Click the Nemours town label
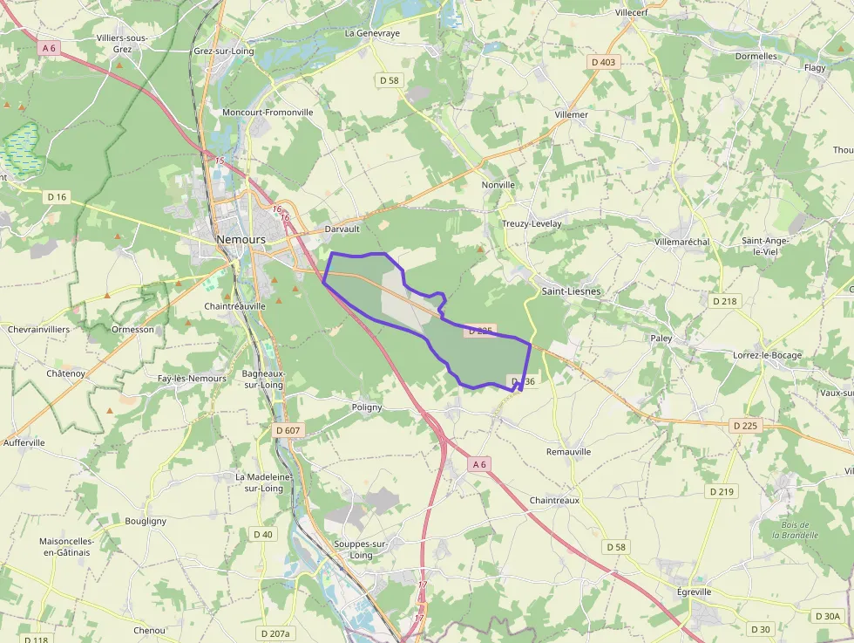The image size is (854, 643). click(x=241, y=239)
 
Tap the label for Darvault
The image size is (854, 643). click(x=342, y=229)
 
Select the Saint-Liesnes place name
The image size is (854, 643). click(x=571, y=291)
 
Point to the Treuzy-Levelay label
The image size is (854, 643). click(x=532, y=224)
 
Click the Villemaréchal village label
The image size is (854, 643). click(x=681, y=242)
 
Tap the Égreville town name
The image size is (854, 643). click(x=694, y=592)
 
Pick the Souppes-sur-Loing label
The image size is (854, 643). click(x=360, y=549)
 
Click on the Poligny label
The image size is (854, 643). click(x=367, y=407)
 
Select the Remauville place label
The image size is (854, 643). click(x=568, y=452)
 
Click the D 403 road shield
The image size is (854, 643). click(x=602, y=62)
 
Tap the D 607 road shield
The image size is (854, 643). click(x=288, y=430)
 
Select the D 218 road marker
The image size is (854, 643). click(x=724, y=301)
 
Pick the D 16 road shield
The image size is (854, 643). click(x=56, y=197)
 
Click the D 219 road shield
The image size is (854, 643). click(x=722, y=492)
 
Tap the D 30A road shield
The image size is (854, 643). click(x=827, y=616)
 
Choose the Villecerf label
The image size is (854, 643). click(x=632, y=13)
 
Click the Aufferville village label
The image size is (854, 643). click(x=24, y=443)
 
